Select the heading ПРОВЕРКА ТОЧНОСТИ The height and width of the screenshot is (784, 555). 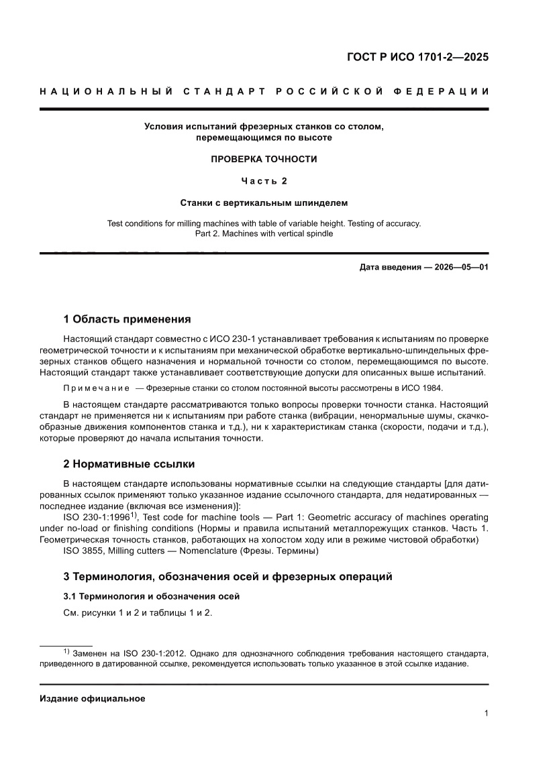264,159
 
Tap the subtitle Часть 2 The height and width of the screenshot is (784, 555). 264,180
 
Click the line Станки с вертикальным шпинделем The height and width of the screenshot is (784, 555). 264,202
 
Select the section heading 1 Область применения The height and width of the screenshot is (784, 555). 127,319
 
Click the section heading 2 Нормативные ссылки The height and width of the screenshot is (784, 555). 129,464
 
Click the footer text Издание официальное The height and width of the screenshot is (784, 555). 93,698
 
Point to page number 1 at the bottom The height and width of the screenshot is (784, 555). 485,714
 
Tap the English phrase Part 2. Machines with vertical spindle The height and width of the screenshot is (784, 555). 264,234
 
